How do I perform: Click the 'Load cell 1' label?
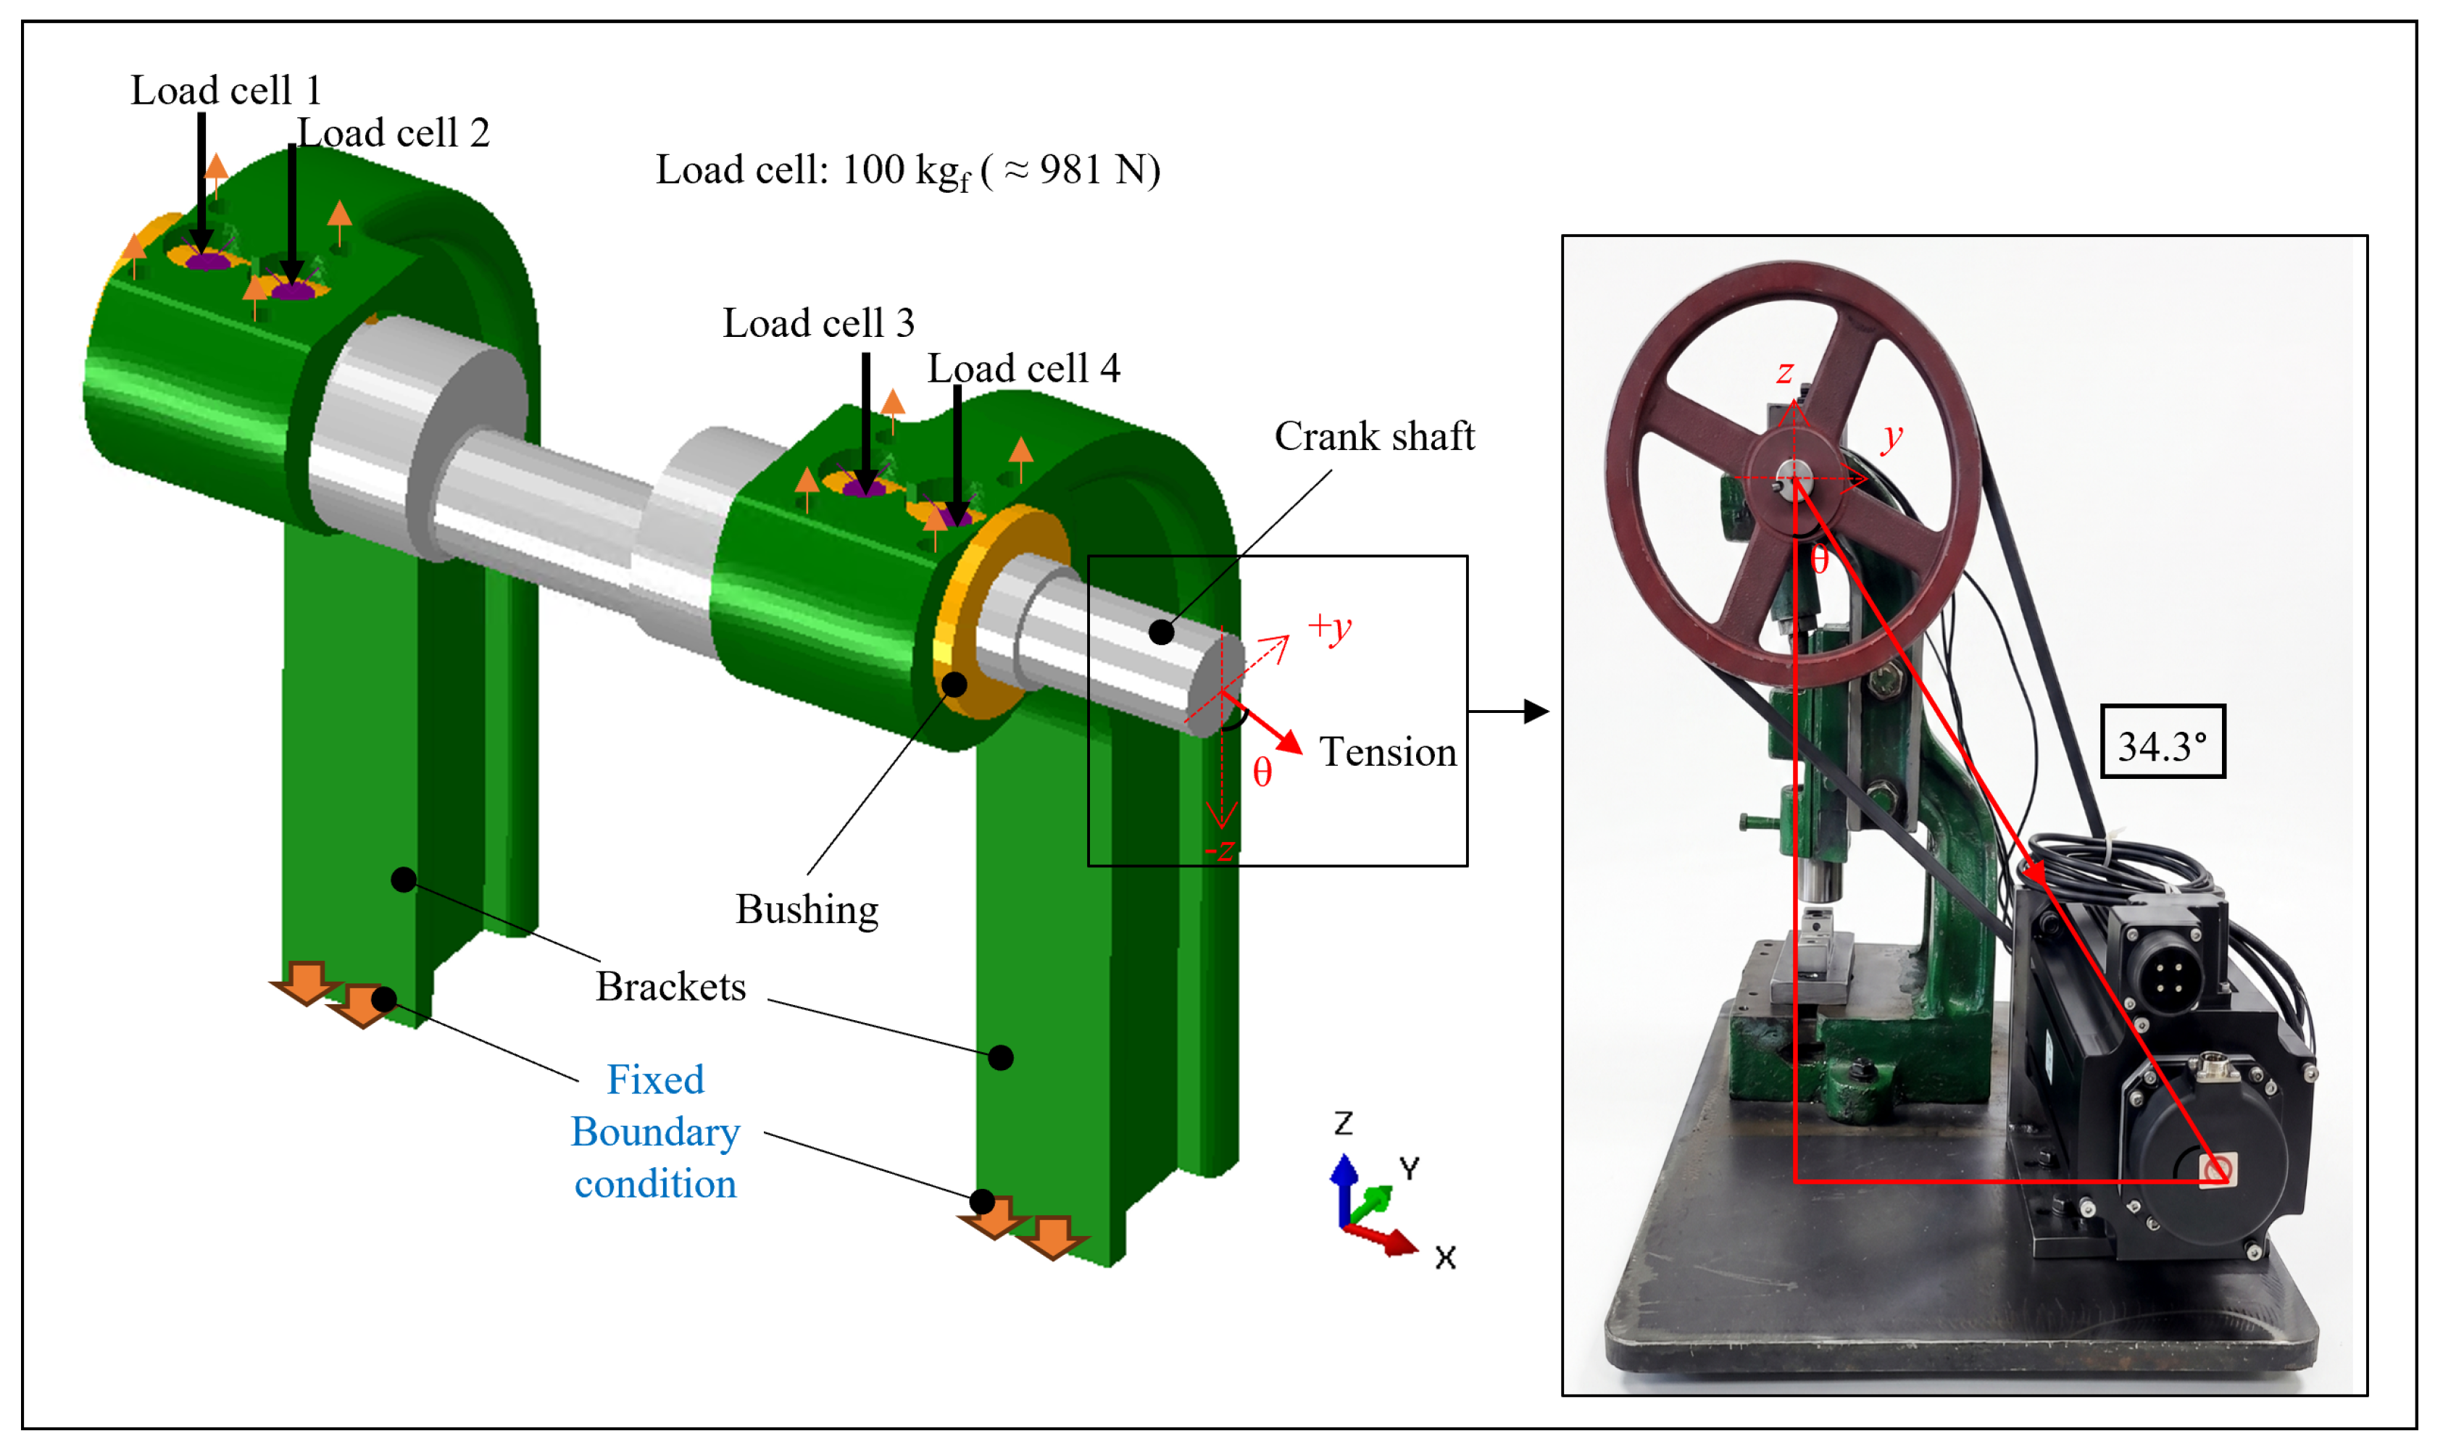tap(226, 90)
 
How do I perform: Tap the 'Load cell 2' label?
tap(394, 132)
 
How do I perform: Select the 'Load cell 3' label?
tap(819, 323)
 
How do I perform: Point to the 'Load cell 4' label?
tap(1023, 368)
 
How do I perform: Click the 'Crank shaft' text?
tap(1373, 435)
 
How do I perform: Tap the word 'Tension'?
tap(1387, 751)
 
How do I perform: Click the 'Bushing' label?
tap(807, 910)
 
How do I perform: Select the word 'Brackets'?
tap(671, 986)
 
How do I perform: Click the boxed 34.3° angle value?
tap(2163, 746)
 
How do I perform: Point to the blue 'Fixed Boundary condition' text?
tap(656, 1131)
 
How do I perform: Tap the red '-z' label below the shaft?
tap(1219, 849)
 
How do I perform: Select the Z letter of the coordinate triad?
tap(1344, 1122)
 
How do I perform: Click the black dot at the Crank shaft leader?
tap(1161, 632)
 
